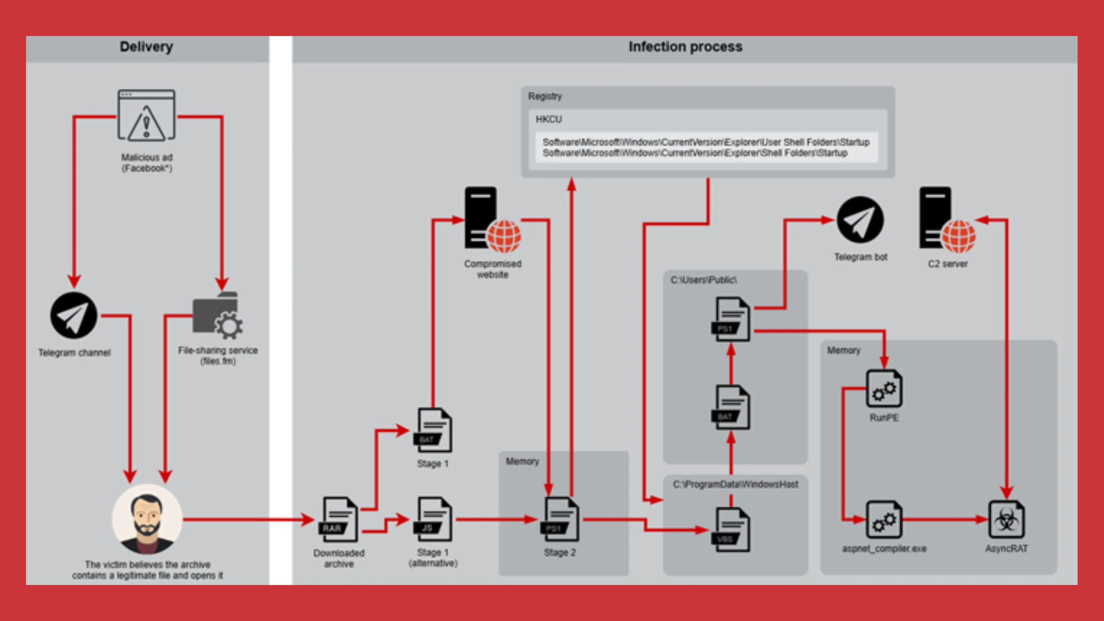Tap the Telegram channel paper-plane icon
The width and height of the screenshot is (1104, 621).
point(74,316)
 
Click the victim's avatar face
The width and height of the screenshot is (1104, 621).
point(147,519)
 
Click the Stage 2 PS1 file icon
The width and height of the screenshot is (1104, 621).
point(560,519)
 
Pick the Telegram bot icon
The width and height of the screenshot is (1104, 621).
point(860,220)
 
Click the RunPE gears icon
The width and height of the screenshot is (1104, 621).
point(884,389)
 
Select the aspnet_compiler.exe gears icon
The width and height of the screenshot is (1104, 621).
point(884,519)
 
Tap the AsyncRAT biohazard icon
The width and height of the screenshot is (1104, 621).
point(1006,519)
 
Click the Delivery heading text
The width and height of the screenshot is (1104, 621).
point(146,47)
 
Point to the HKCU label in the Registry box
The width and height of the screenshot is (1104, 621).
point(549,119)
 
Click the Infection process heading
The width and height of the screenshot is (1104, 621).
point(685,47)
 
